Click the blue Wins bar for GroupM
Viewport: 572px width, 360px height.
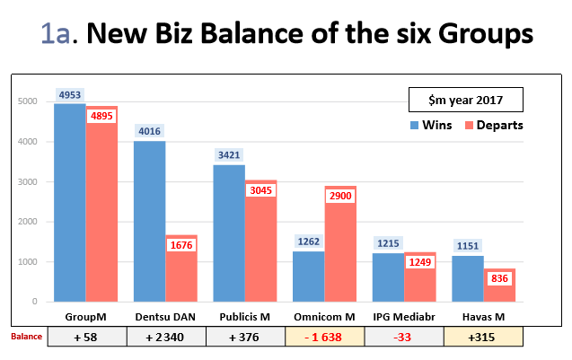[69, 206]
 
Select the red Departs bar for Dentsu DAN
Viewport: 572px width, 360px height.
[180, 269]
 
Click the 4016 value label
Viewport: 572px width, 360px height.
[148, 131]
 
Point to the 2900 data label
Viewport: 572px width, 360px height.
[341, 196]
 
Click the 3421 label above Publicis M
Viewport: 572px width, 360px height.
[229, 155]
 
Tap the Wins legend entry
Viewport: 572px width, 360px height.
[431, 125]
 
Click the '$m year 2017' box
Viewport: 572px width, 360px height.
[465, 98]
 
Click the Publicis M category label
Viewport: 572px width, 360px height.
[245, 317]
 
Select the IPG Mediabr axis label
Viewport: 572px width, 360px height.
[403, 317]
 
